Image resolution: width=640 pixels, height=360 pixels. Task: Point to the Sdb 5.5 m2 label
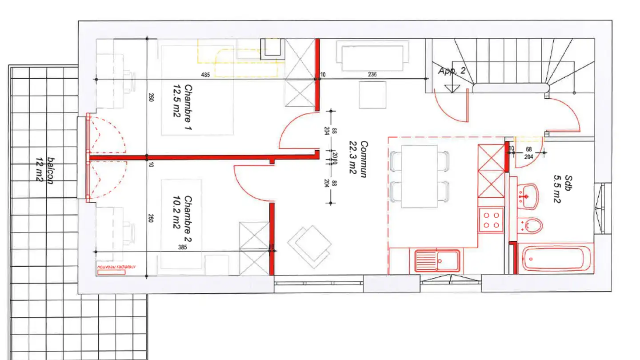point(563,189)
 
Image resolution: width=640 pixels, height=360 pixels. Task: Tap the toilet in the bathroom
point(532,225)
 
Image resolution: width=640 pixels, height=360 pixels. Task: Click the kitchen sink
point(437,260)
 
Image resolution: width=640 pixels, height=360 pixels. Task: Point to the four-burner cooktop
point(491,220)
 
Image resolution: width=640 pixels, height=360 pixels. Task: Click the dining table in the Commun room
point(419,176)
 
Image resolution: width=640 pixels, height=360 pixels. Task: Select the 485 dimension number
point(205,75)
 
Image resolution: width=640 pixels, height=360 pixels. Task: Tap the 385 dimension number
point(182,247)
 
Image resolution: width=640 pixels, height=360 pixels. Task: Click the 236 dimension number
point(372,75)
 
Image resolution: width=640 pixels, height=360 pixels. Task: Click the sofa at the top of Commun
point(372,56)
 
